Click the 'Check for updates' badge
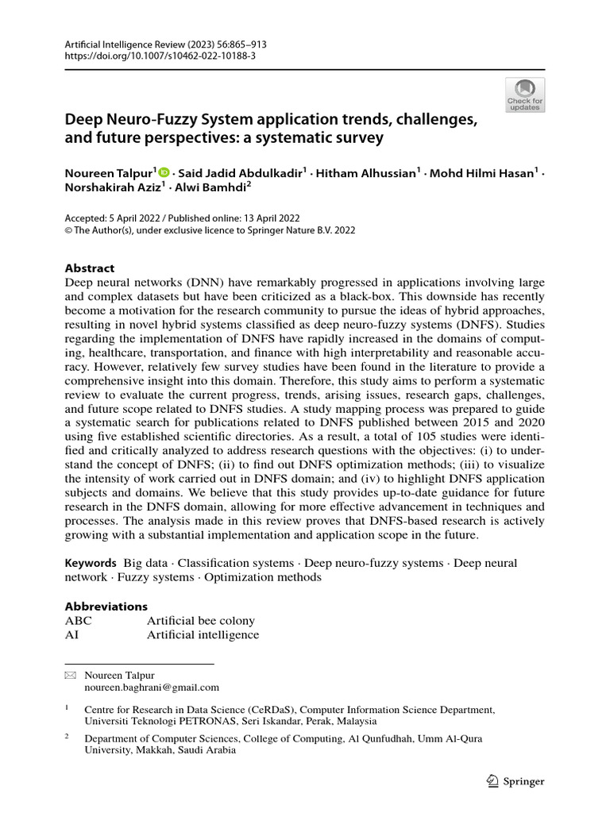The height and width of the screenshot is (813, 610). (x=525, y=94)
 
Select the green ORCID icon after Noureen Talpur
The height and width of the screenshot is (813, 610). (x=164, y=172)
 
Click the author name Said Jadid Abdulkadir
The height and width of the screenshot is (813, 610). (x=241, y=172)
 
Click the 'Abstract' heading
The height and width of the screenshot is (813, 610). (x=89, y=268)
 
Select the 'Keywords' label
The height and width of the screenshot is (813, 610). (x=91, y=563)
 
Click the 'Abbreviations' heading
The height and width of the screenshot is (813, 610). (x=106, y=606)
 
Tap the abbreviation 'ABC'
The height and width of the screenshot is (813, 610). (x=79, y=620)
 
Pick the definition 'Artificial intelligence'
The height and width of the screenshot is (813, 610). (x=203, y=634)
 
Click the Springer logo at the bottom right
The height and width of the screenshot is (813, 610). (x=515, y=781)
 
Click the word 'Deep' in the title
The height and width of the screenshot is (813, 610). (x=84, y=121)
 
